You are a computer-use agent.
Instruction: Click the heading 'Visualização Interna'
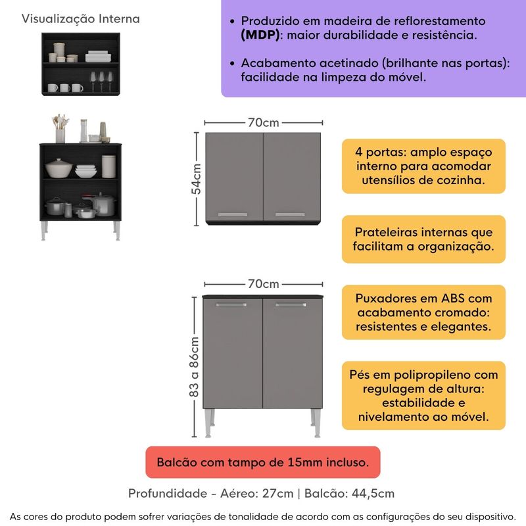click(81, 18)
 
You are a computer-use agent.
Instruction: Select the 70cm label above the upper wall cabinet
click(264, 122)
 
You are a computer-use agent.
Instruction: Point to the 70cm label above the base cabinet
click(264, 284)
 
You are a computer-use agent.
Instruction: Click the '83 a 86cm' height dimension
click(195, 367)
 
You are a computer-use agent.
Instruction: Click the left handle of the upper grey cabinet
click(231, 214)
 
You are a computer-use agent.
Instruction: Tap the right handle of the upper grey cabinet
click(290, 214)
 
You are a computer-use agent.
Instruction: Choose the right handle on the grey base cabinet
click(291, 305)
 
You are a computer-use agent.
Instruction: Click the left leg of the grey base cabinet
click(210, 423)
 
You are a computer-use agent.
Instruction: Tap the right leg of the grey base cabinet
click(317, 423)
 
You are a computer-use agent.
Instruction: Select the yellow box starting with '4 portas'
click(423, 166)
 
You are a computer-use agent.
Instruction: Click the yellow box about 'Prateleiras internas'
click(423, 239)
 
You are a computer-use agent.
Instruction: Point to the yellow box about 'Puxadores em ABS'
click(423, 312)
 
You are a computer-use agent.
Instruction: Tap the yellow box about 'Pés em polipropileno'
click(423, 395)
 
